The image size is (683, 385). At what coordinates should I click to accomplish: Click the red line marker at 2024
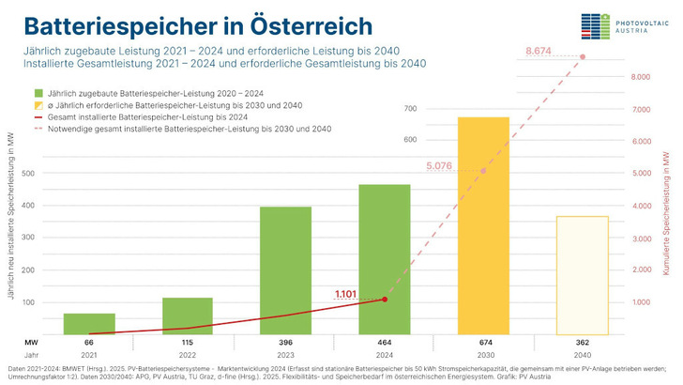click(x=385, y=300)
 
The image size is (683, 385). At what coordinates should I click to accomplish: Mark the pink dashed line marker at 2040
click(x=582, y=57)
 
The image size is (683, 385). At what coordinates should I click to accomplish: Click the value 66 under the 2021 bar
click(x=89, y=344)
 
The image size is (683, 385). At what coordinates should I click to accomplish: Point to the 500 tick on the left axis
click(x=27, y=174)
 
